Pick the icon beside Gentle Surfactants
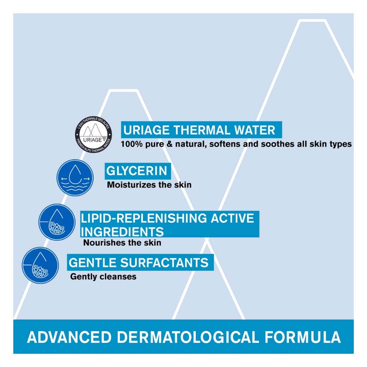(x=40, y=265)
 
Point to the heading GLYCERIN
(x=136, y=171)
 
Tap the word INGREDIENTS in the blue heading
(x=122, y=231)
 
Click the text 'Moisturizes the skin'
(x=149, y=185)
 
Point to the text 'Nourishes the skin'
(x=122, y=243)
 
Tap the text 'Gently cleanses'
(x=103, y=277)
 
